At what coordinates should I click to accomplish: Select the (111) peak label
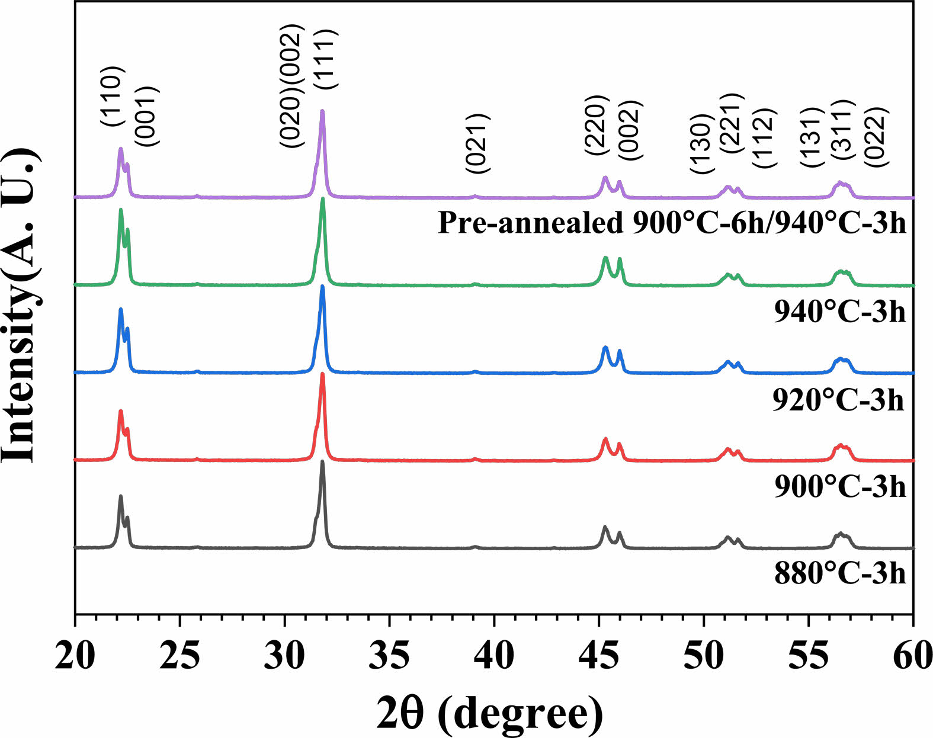325,59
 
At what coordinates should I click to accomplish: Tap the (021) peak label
478,143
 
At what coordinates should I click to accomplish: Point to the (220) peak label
596,125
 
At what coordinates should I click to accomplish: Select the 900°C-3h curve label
840,486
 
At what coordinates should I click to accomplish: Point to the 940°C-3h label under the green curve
840,311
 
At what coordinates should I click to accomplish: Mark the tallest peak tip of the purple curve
322,111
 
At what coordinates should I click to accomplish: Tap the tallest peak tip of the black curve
322,461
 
